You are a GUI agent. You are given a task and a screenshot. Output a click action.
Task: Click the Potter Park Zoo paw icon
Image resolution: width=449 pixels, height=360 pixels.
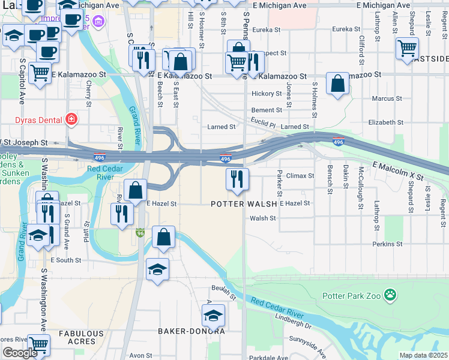[x=391, y=295]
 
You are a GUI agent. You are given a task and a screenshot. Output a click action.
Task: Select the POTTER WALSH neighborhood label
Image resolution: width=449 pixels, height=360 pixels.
[x=244, y=204]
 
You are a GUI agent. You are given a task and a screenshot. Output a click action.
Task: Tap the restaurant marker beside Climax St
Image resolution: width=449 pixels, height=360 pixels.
[x=237, y=179]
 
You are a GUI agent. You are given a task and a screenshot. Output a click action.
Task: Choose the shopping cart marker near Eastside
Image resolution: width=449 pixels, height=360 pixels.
[x=407, y=48]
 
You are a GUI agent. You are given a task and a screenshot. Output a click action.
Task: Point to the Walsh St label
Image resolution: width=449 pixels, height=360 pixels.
[x=262, y=218]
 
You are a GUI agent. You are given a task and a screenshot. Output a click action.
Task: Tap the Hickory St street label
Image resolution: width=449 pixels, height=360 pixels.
[x=267, y=94]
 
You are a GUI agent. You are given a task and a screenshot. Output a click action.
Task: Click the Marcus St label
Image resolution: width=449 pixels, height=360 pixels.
[x=387, y=98]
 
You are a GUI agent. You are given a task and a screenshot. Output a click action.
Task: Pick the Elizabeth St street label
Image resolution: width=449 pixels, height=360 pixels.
[x=382, y=122]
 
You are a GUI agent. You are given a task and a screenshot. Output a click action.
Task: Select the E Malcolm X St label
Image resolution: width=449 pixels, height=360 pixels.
[x=398, y=172]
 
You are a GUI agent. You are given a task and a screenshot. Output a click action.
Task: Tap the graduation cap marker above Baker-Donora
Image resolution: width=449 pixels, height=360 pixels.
[x=213, y=315]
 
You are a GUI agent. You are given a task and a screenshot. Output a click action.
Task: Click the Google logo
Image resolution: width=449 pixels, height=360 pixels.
[x=19, y=353]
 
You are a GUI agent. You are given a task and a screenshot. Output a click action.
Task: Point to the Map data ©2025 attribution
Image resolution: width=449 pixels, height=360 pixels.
[x=423, y=355]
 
